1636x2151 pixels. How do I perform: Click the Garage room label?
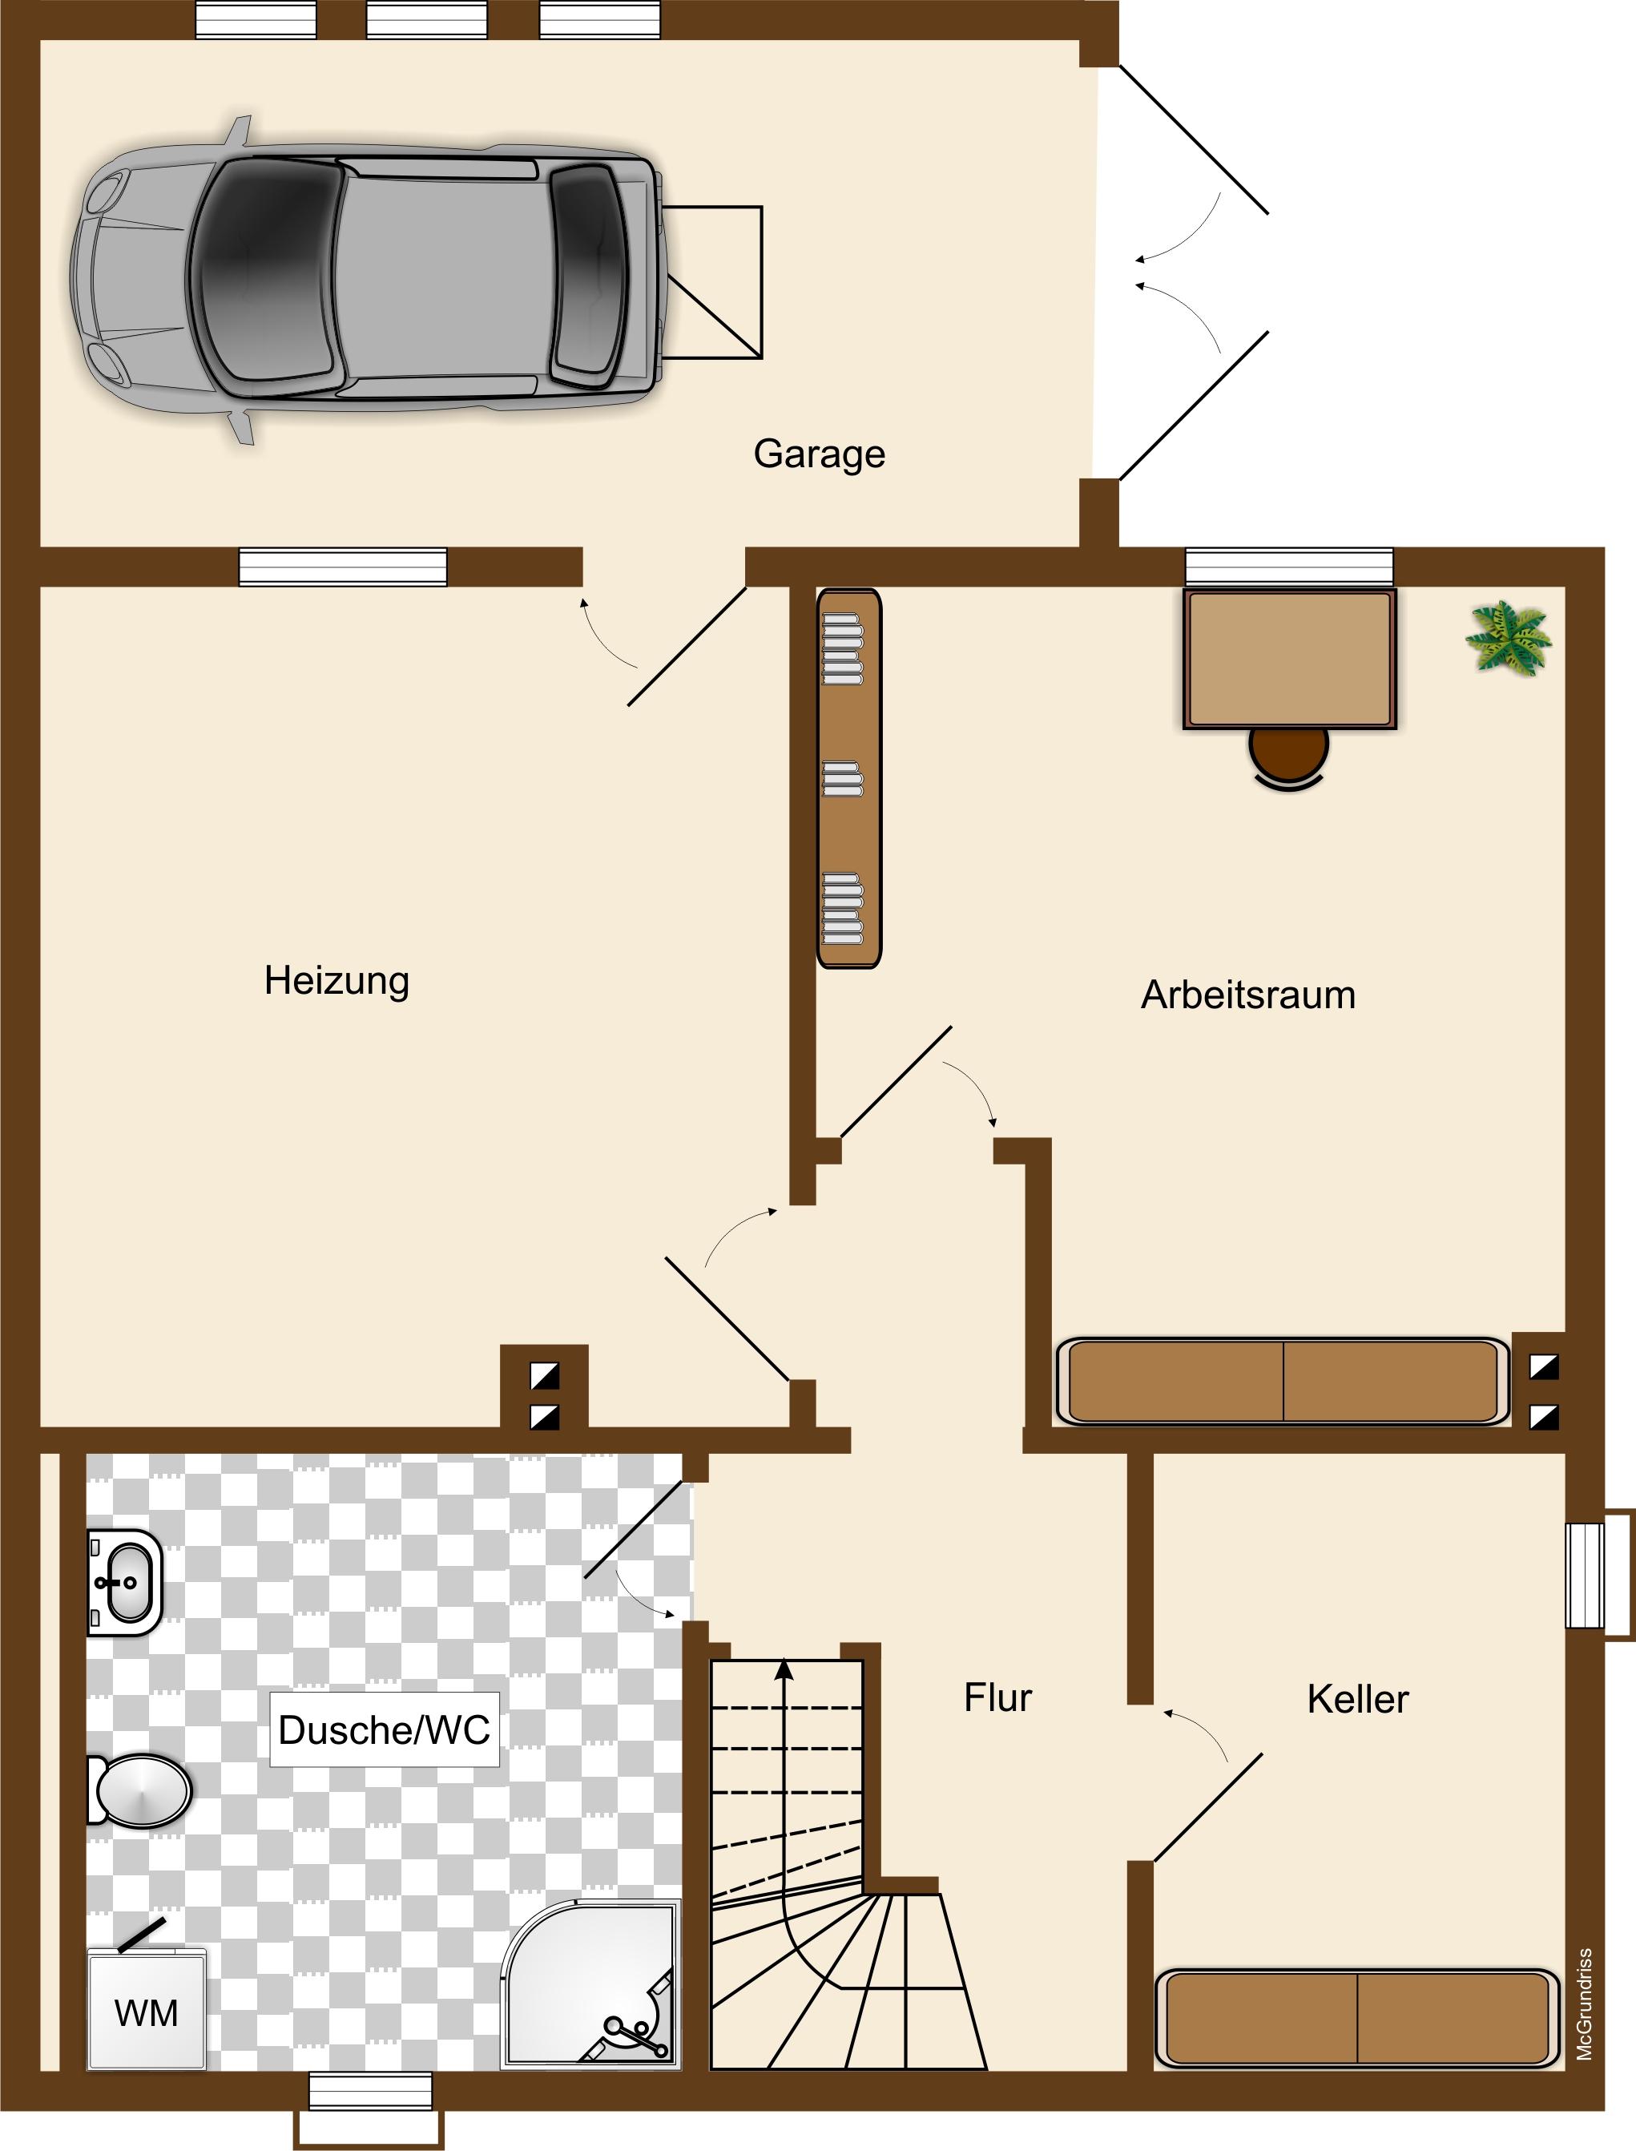(819, 454)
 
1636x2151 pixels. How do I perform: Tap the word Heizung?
(337, 981)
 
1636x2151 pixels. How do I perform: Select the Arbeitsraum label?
(1248, 995)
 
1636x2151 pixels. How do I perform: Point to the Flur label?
(997, 1698)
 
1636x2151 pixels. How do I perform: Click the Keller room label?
(1357, 1699)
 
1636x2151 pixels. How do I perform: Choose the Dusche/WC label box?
(385, 1730)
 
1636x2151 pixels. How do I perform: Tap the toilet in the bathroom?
(139, 1790)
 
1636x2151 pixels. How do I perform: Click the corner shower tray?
(592, 1984)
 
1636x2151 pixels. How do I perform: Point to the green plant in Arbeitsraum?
(1509, 638)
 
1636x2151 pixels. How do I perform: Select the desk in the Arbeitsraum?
(1289, 659)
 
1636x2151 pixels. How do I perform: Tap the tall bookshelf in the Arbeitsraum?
(849, 778)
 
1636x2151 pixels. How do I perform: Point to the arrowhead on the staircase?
(784, 1670)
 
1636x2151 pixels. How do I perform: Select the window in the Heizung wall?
(343, 567)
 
